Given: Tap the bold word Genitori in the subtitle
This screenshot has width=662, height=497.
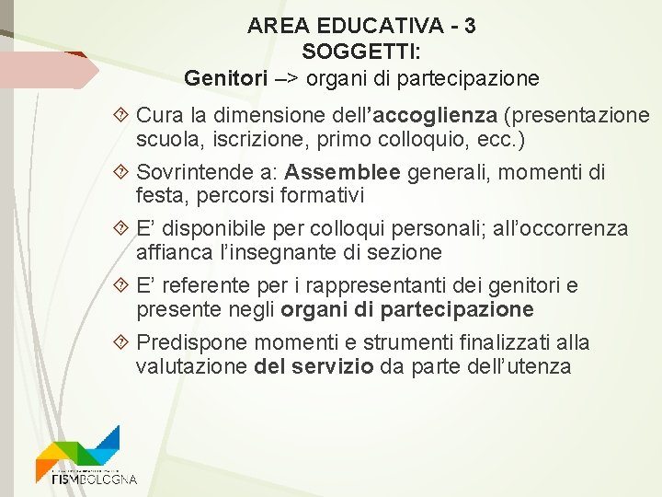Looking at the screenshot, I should (x=223, y=78).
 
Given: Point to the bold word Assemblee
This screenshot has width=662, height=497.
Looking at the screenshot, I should (x=343, y=172).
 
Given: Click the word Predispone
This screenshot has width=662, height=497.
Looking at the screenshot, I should (x=192, y=342).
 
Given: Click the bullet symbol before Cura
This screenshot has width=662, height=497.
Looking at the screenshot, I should (x=124, y=116).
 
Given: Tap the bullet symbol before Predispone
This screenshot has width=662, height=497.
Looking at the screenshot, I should (x=124, y=342).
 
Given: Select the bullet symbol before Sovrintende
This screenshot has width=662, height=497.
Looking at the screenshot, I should (x=124, y=172).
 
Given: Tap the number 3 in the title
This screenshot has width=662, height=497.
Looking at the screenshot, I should (x=470, y=27).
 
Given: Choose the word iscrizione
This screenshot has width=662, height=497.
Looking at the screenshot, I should (x=248, y=140).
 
